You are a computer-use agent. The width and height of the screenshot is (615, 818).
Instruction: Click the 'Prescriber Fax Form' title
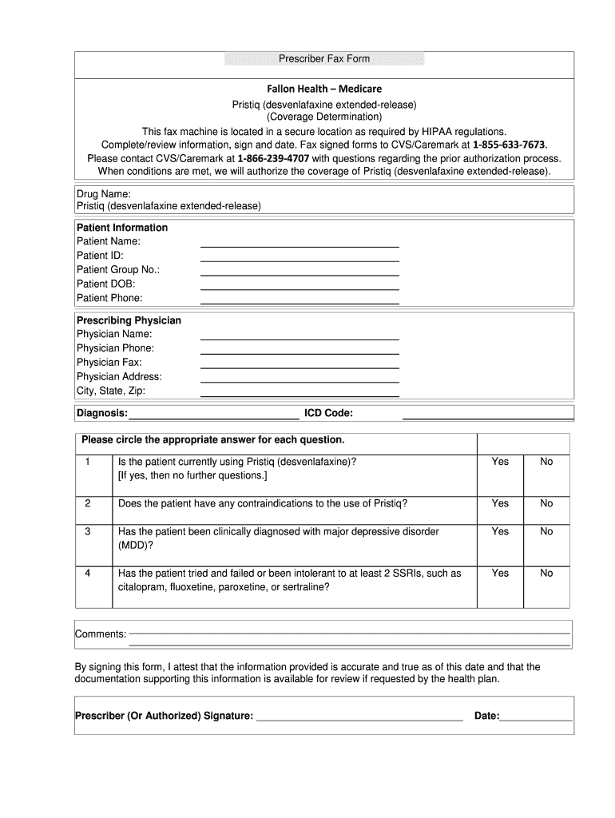(x=324, y=60)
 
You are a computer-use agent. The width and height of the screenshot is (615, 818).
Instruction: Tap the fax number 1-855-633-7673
(x=510, y=145)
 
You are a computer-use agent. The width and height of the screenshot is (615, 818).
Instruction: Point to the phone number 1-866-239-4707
(x=273, y=158)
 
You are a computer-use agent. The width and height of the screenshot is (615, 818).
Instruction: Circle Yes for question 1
(x=500, y=462)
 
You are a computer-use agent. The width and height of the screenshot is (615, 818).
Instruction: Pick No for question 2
(x=546, y=503)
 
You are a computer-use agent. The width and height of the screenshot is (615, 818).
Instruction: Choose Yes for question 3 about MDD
(x=500, y=531)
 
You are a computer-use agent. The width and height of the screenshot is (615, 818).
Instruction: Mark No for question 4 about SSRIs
(x=546, y=574)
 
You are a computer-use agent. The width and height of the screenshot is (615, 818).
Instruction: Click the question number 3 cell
(x=88, y=531)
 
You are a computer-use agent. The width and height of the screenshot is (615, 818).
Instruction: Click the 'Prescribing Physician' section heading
(x=129, y=320)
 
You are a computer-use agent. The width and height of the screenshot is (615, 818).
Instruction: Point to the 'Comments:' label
(x=101, y=634)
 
